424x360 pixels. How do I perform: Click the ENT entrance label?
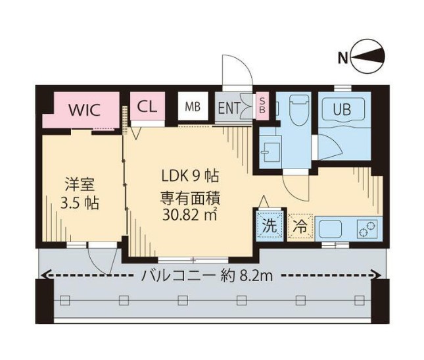click(x=229, y=107)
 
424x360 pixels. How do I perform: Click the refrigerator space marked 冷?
click(x=300, y=226)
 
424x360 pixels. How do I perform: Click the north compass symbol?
click(x=369, y=58)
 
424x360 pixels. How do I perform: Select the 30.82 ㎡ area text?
click(x=191, y=214)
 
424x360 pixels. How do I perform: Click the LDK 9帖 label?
click(x=191, y=176)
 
